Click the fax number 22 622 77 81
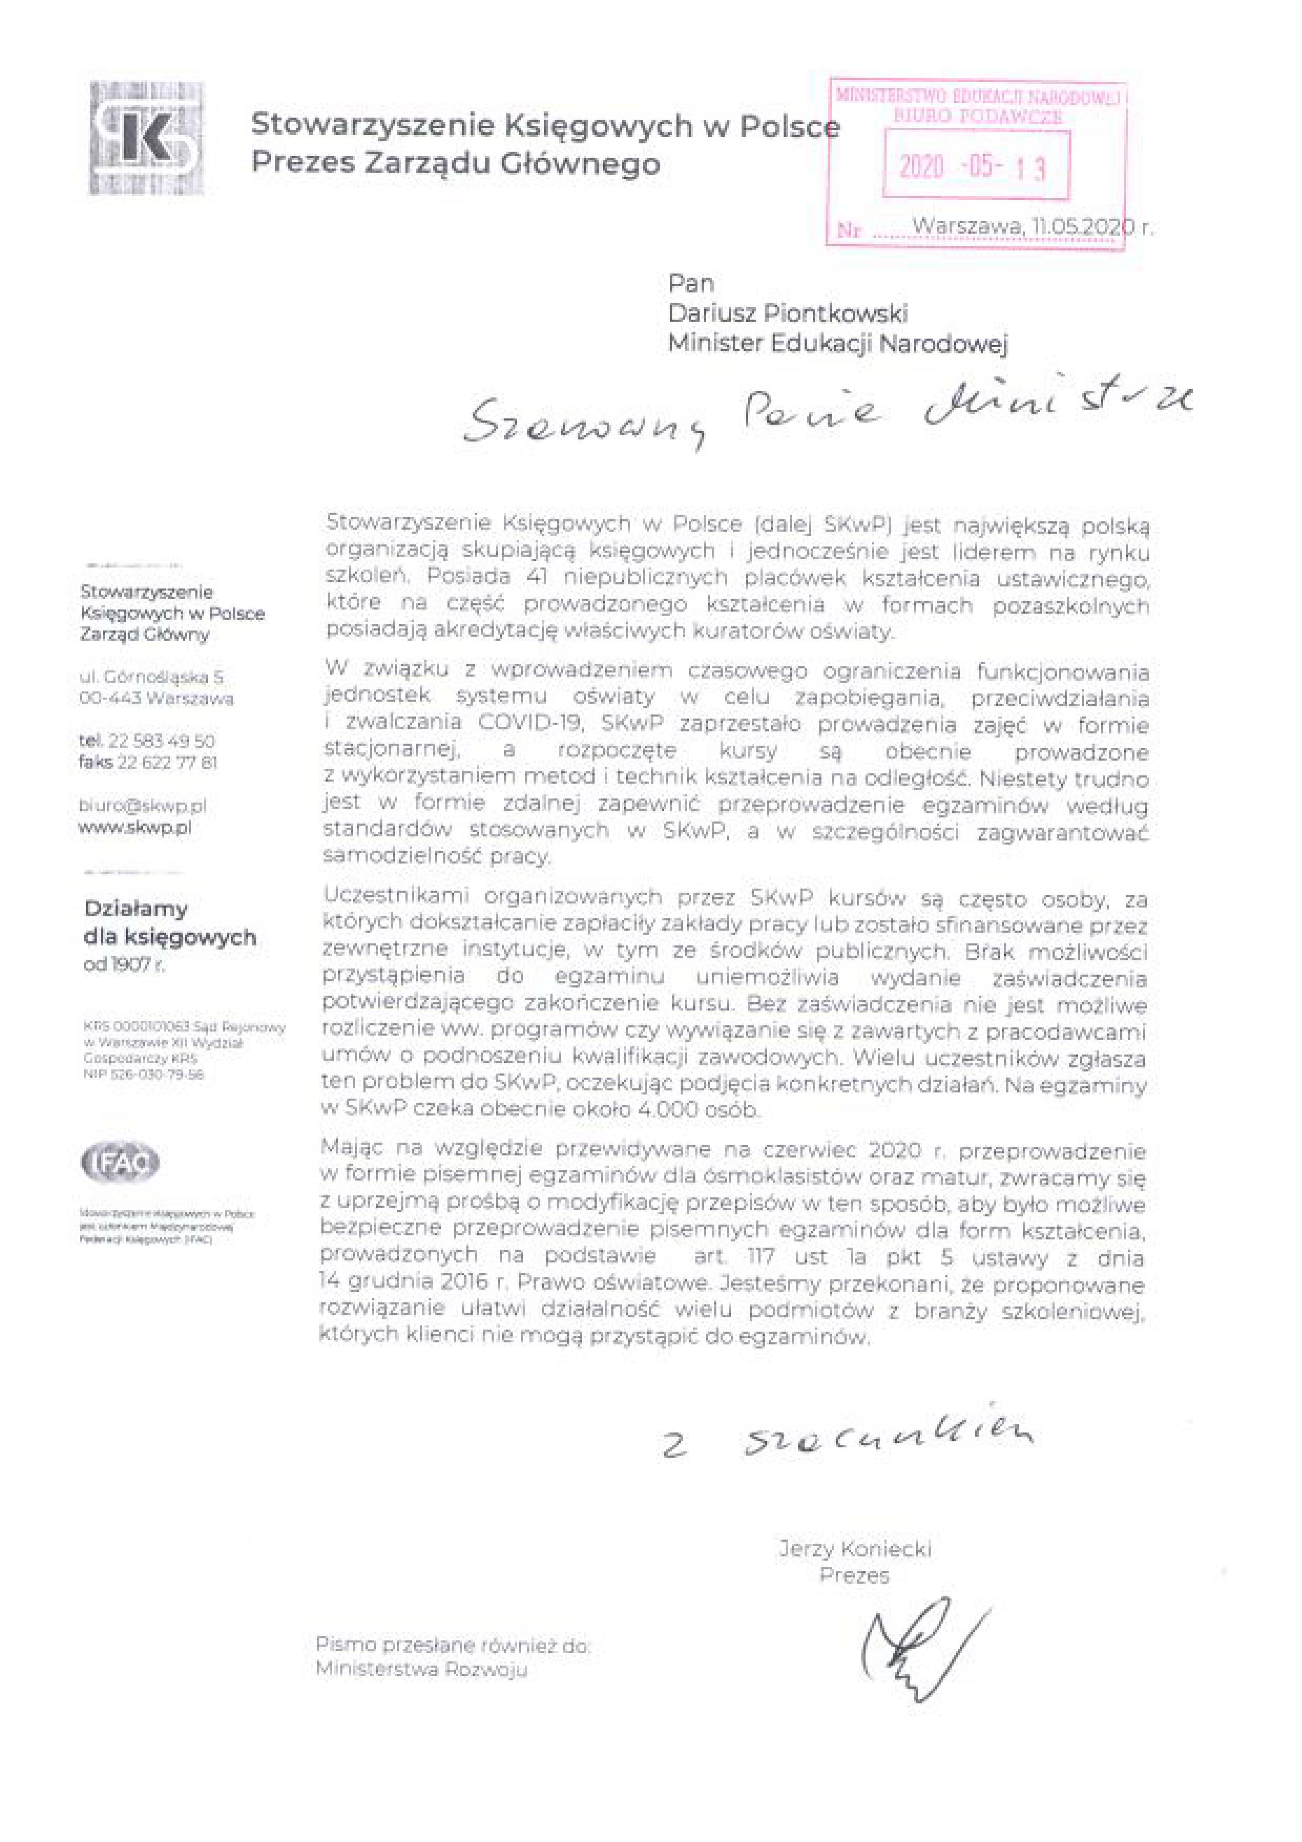(167, 762)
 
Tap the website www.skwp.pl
(135, 827)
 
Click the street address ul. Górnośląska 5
(151, 677)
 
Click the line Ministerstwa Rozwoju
(421, 1670)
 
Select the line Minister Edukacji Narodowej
(838, 343)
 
